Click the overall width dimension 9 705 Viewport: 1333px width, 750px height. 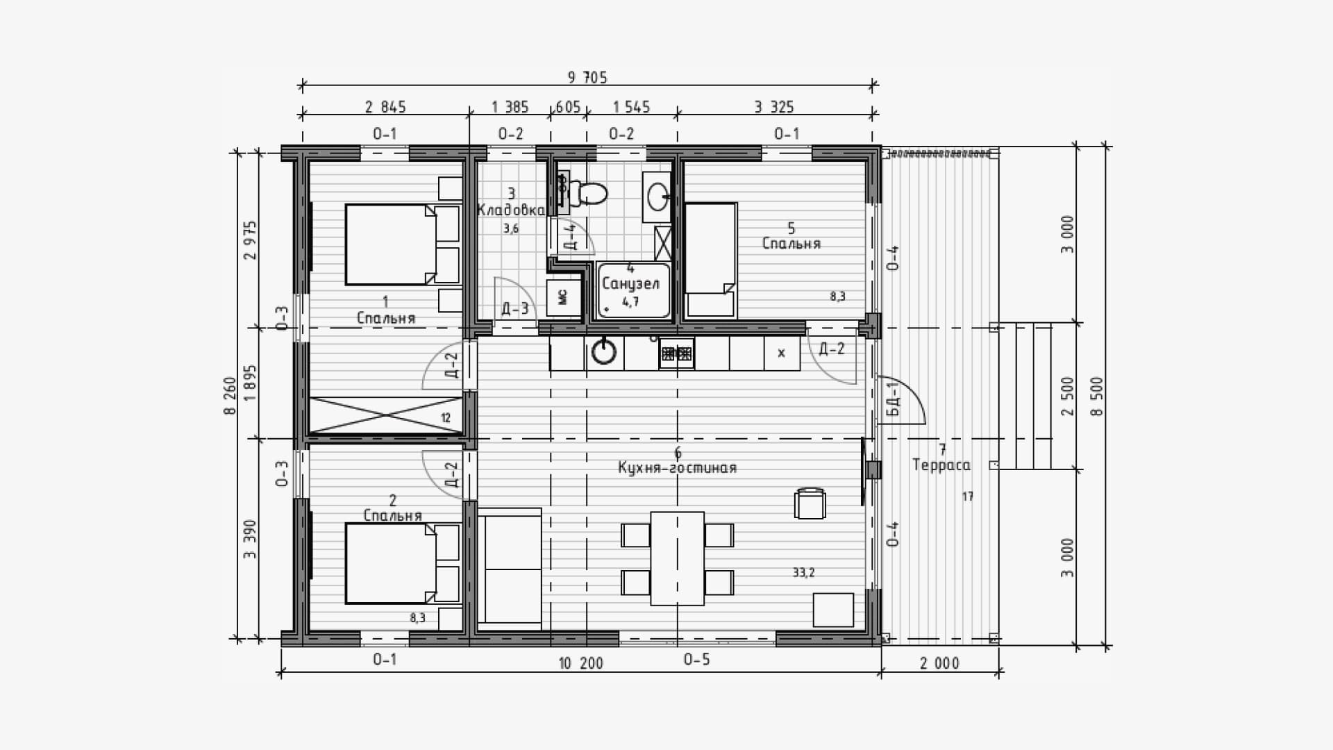587,77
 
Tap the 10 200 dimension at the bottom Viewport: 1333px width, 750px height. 581,663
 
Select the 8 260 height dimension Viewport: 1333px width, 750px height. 230,395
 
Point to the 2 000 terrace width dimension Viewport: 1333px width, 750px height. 939,663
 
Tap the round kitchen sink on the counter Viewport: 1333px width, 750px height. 603,352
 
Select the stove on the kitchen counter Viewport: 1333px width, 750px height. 676,353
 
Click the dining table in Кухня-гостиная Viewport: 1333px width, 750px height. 677,558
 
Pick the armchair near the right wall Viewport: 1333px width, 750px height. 810,503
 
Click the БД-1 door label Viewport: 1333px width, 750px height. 894,399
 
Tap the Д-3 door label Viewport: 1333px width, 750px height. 515,308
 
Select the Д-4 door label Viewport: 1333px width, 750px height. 570,236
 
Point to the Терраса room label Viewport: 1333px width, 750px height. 941,465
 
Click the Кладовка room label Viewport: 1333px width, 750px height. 510,210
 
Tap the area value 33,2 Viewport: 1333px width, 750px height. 803,572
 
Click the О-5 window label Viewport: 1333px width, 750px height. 696,659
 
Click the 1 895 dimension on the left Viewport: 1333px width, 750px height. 251,383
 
